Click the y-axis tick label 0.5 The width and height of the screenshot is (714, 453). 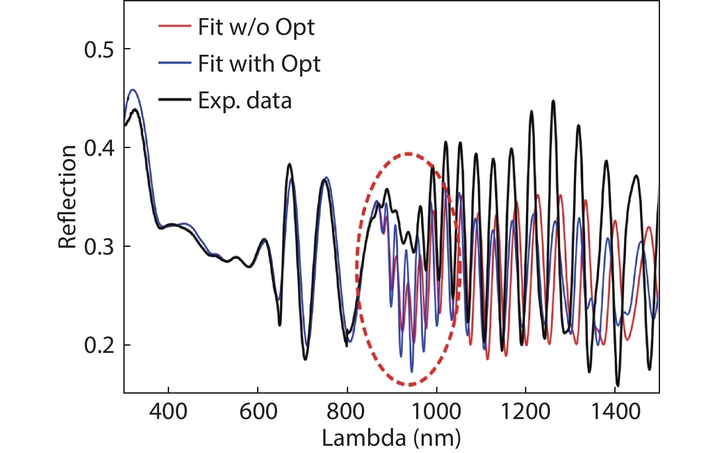click(x=99, y=49)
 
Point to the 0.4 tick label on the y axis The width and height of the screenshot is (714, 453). click(x=99, y=148)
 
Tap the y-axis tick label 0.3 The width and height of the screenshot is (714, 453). click(x=99, y=247)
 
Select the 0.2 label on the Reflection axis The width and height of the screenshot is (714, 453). click(x=99, y=346)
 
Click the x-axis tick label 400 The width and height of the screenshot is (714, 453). click(x=168, y=411)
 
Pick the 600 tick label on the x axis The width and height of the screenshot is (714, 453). click(x=258, y=411)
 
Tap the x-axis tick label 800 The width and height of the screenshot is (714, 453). click(x=347, y=411)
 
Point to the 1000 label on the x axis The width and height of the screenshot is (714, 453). click(x=436, y=411)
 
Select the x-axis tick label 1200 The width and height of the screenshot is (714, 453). click(x=525, y=411)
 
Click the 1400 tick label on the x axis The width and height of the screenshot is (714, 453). click(x=615, y=411)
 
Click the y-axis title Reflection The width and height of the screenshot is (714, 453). click(x=67, y=197)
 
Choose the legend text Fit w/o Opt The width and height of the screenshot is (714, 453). click(x=256, y=27)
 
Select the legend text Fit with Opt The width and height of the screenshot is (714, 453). click(x=259, y=63)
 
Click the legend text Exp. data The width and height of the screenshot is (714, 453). click(x=245, y=100)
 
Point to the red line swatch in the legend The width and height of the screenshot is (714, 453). click(x=175, y=26)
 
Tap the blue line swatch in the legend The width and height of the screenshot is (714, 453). click(x=175, y=63)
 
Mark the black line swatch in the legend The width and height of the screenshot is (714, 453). click(x=175, y=99)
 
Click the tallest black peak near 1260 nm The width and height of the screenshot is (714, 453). click(x=553, y=101)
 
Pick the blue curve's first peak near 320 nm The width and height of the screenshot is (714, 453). click(x=133, y=90)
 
